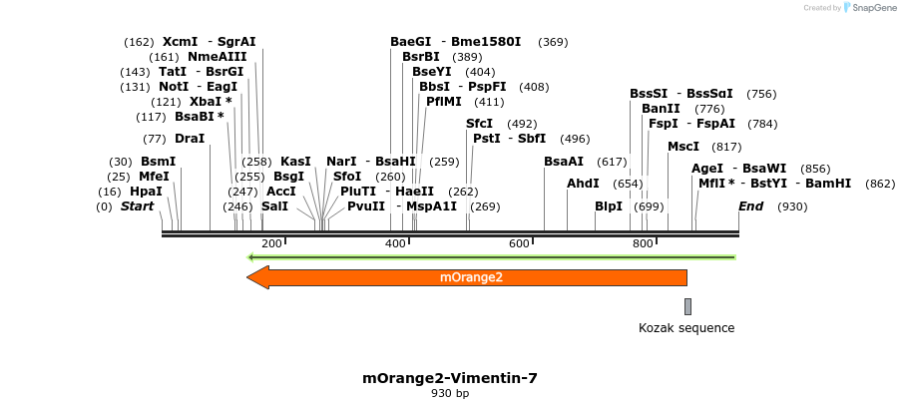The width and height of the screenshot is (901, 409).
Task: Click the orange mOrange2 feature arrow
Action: (469, 277)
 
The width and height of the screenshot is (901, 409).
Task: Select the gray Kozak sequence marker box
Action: (687, 306)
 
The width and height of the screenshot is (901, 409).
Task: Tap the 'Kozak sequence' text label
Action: (686, 327)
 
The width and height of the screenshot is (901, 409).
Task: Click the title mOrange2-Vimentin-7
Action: (449, 378)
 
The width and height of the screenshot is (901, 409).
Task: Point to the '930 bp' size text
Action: (449, 394)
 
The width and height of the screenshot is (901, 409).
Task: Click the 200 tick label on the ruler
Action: (271, 244)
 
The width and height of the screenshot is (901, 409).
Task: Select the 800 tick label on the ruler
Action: (643, 244)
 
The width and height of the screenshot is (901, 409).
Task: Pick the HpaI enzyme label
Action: (146, 192)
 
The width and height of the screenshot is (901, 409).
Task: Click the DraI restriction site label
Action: (190, 139)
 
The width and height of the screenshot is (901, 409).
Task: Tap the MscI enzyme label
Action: (683, 147)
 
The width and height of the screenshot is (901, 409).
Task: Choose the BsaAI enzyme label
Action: (564, 162)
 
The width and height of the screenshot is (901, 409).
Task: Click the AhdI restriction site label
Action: (583, 184)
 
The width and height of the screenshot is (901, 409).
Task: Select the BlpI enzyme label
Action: (609, 206)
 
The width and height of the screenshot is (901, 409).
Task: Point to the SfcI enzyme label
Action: (480, 124)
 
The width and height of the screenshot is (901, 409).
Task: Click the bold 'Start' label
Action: (138, 206)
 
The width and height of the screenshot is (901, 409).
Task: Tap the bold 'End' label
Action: (750, 206)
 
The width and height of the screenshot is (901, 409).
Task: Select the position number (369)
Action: (553, 42)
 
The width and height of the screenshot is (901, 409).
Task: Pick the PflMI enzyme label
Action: (444, 102)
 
